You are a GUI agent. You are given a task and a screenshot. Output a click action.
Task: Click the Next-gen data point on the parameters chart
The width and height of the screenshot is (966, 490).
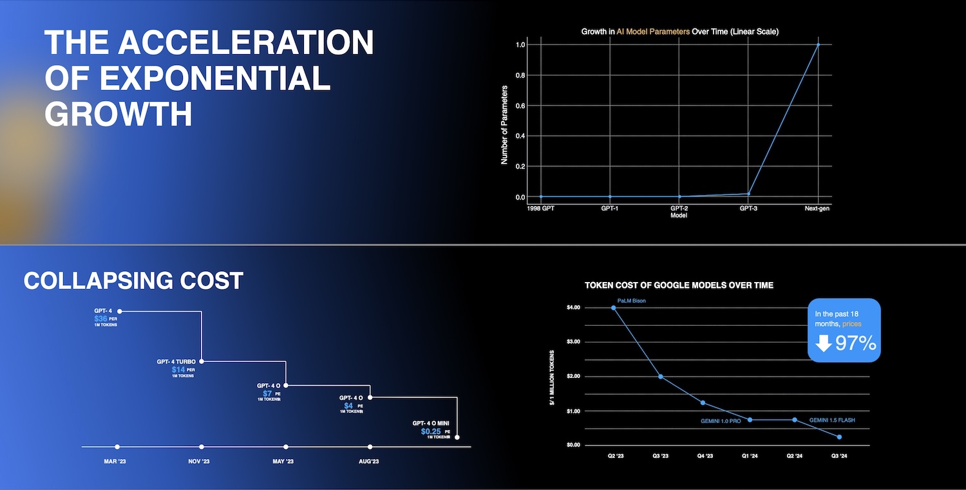[818, 44]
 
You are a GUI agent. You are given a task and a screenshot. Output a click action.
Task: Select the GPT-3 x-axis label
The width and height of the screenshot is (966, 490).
[748, 209]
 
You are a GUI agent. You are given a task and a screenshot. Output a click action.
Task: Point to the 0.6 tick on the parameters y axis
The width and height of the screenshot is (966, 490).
[520, 106]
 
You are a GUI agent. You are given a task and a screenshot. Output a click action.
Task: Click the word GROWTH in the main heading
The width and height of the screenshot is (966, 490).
[118, 114]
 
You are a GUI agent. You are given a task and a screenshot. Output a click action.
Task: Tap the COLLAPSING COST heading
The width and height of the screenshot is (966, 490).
[133, 281]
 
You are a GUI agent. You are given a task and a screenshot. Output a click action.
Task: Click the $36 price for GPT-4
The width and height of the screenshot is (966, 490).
[100, 319]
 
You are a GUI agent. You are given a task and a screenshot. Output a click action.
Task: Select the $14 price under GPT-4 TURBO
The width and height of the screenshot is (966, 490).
[178, 370]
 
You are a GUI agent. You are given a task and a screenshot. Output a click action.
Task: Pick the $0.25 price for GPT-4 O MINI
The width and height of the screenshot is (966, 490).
[431, 431]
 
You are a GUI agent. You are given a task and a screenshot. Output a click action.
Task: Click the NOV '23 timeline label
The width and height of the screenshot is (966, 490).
[199, 462]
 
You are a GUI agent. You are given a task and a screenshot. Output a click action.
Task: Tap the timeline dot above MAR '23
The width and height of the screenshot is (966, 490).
[117, 447]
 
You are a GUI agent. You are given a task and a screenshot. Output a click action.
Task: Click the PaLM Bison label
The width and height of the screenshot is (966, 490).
[631, 301]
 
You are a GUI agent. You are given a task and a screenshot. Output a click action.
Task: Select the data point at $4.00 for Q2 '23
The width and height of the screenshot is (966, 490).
[614, 308]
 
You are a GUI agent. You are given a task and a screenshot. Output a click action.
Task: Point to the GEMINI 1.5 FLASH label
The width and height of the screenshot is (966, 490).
[832, 420]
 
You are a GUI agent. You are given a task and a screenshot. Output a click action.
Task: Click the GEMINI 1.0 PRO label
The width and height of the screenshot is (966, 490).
[721, 421]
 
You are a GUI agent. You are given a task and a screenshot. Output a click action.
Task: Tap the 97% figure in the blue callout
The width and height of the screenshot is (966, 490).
[856, 343]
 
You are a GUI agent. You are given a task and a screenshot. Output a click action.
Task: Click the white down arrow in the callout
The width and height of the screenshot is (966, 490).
[823, 343]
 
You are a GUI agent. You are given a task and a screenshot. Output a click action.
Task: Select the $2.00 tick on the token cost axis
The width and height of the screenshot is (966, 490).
[573, 376]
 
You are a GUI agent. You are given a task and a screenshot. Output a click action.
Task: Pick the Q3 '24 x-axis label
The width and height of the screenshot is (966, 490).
[839, 456]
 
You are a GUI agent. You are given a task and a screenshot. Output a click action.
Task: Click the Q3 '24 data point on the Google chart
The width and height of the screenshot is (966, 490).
[839, 437]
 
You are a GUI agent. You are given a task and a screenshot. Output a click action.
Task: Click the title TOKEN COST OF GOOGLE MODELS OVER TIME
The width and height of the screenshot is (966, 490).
[679, 285]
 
